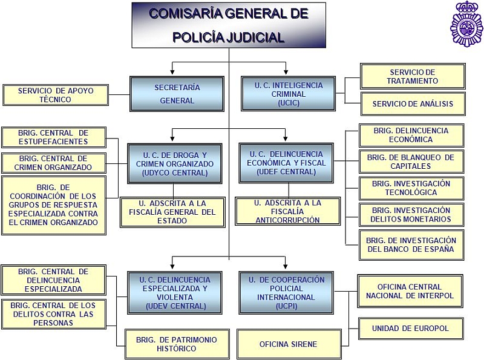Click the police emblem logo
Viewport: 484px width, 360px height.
tap(466, 25)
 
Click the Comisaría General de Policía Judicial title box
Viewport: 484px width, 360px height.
tap(229, 25)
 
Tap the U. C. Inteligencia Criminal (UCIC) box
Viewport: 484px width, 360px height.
tap(289, 94)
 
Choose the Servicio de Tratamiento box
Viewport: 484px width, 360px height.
tap(413, 76)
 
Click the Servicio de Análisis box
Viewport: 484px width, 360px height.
tap(413, 103)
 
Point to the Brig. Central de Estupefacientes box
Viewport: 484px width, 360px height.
tap(53, 137)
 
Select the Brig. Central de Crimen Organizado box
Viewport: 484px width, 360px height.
tap(53, 163)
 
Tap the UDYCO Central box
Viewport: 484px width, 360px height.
tap(175, 163)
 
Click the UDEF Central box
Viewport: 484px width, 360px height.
tap(286, 163)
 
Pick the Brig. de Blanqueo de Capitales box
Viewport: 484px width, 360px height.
tap(411, 162)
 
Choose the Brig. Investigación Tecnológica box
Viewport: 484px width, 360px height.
tap(411, 188)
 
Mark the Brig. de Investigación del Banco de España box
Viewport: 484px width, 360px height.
tap(411, 244)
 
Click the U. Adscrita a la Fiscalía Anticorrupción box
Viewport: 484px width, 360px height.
tap(287, 211)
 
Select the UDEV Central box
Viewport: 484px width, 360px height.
tap(175, 293)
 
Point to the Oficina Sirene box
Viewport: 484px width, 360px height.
tap(288, 344)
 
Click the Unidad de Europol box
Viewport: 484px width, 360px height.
tap(411, 328)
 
